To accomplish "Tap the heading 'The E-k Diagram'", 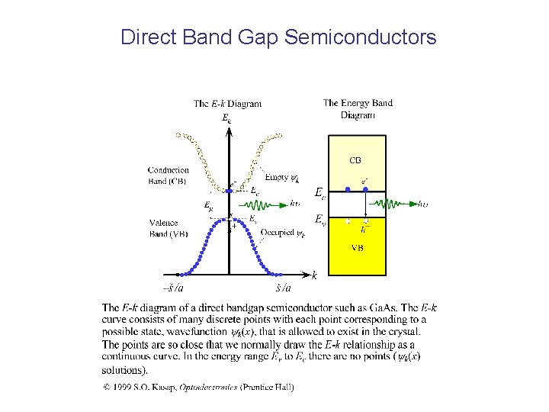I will (x=227, y=104).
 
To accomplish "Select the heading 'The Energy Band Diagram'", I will (x=358, y=108).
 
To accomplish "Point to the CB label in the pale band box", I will (x=355, y=160).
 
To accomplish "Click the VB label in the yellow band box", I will (x=357, y=248).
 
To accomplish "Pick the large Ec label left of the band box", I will (x=320, y=194).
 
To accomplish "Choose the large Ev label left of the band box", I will (x=320, y=222).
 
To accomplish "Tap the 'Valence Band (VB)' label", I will (x=169, y=228).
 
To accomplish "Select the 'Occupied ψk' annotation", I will (x=283, y=233).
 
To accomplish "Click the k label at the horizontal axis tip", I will (x=314, y=275).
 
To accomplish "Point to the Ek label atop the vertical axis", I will (x=227, y=118).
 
